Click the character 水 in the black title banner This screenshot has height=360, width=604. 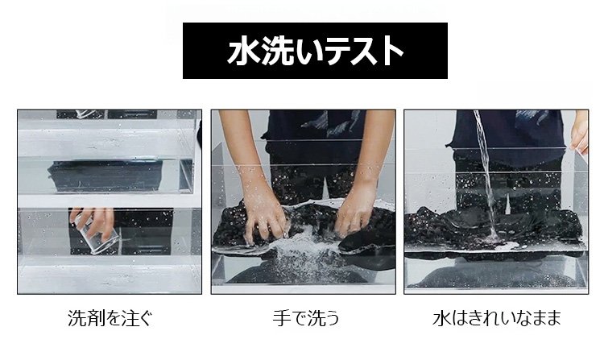coord(243,51)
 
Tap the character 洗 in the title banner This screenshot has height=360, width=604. coord(275,51)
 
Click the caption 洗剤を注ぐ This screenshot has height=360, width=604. coord(110,318)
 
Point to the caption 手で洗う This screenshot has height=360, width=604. coord(306,318)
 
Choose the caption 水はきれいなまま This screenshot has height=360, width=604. coord(497,318)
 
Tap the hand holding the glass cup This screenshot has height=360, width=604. coord(94,223)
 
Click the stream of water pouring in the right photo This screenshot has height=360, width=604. coord(485,173)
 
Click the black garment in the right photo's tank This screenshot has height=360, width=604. coord(493,227)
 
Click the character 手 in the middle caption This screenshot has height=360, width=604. coord(281,318)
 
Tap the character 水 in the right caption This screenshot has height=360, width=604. coord(441,318)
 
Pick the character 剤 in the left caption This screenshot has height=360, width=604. coord(93,318)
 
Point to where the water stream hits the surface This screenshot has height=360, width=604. coord(493,237)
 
